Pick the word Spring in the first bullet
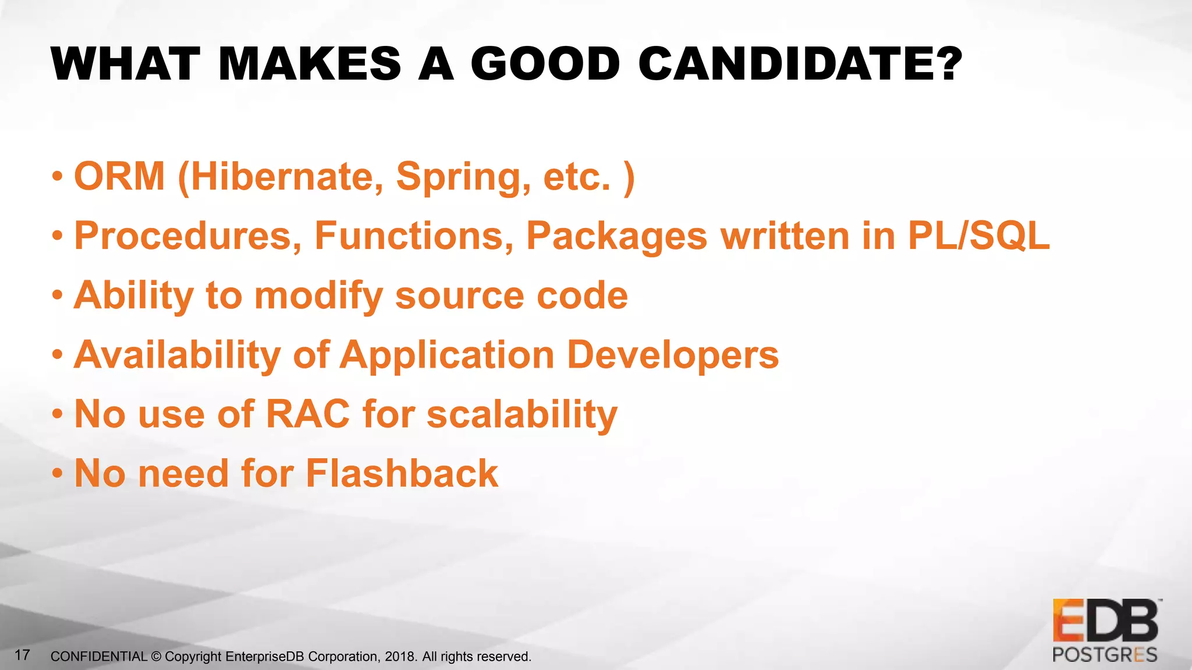[463, 177]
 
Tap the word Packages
[616, 237]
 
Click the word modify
[318, 296]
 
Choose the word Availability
[178, 355]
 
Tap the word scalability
[521, 415]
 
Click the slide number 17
[22, 655]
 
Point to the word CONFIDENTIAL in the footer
[99, 657]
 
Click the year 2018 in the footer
[400, 657]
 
